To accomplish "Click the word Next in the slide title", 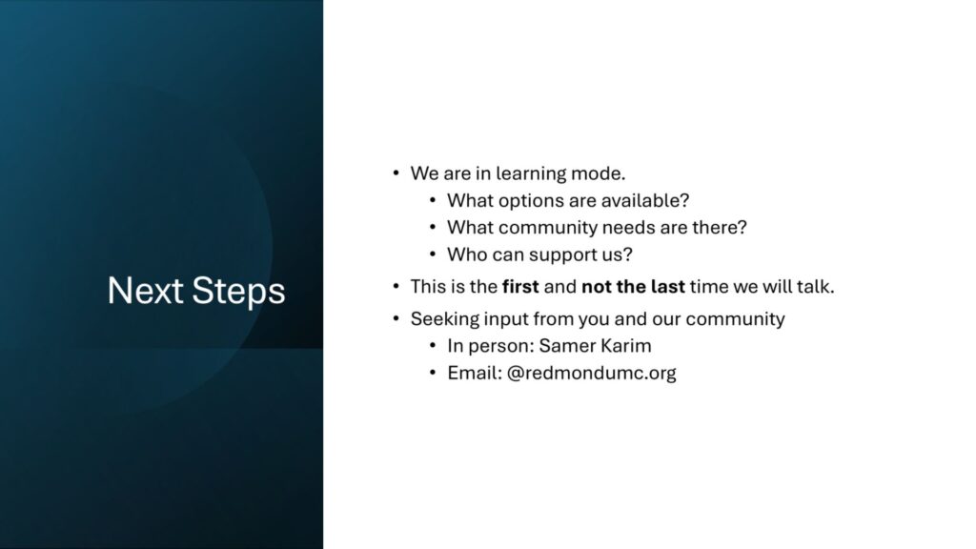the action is pyautogui.click(x=146, y=290).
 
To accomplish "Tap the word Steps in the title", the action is pyautogui.click(x=238, y=292).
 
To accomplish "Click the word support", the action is pyautogui.click(x=562, y=255).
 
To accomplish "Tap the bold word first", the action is pyautogui.click(x=520, y=287).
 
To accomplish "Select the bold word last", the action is pyautogui.click(x=668, y=287).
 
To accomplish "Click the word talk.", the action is pyautogui.click(x=816, y=287).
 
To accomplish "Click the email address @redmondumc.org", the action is pyautogui.click(x=591, y=374).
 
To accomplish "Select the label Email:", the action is pyautogui.click(x=475, y=373).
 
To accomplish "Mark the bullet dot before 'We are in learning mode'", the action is pyautogui.click(x=396, y=173).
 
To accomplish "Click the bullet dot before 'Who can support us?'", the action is pyautogui.click(x=433, y=254).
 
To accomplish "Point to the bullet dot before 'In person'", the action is pyautogui.click(x=433, y=345).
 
